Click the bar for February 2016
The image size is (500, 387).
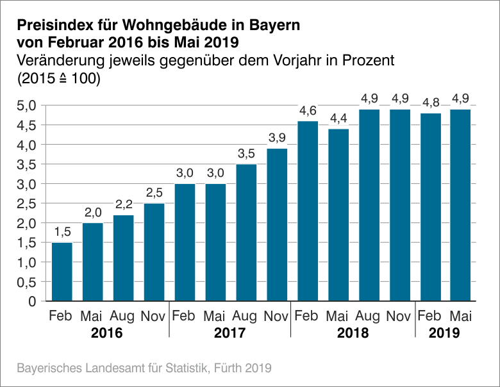(x=62, y=272)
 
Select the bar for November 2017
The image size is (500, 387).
(x=276, y=224)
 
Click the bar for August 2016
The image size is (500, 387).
(x=123, y=258)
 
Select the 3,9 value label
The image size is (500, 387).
(x=276, y=139)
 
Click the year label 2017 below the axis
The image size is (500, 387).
(x=229, y=333)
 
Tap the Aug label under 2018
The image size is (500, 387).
(x=368, y=316)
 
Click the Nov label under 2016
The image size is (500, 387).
(x=154, y=316)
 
